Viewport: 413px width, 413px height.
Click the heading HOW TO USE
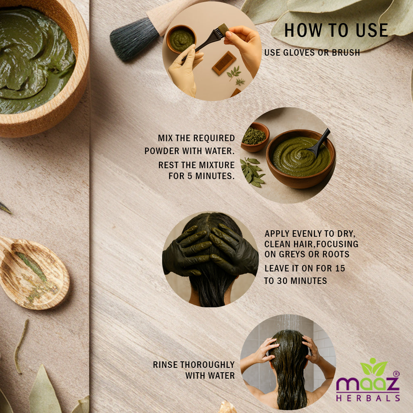click(336, 30)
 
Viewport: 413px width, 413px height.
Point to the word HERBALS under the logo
click(368, 398)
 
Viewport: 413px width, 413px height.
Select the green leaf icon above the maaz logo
click(374, 367)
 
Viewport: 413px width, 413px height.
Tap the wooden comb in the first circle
click(224, 63)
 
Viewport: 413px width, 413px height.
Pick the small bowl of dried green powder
click(255, 137)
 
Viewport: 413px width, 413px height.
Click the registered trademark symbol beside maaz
click(396, 374)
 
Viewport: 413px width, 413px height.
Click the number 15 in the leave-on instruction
click(340, 268)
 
